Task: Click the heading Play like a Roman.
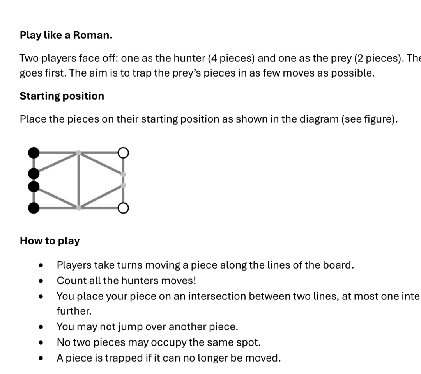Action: tap(66, 35)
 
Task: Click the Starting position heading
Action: tap(62, 96)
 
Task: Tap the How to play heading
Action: tap(50, 241)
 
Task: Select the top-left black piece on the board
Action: tap(34, 152)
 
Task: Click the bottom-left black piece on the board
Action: tap(34, 208)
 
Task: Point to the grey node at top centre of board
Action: tap(79, 153)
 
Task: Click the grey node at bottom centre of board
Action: tap(79, 208)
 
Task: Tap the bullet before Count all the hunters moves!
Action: tap(41, 281)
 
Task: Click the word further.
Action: tap(73, 311)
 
